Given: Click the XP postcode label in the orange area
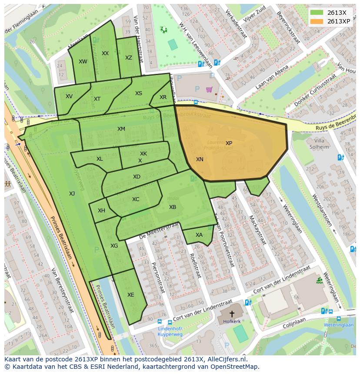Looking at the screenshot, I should click(x=229, y=143).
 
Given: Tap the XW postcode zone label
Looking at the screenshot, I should click(x=83, y=62).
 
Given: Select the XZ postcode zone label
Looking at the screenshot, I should click(x=129, y=58).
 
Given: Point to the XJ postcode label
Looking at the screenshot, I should click(x=72, y=194).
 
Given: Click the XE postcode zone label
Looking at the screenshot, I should click(x=130, y=295).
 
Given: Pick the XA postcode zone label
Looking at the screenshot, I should click(x=199, y=235).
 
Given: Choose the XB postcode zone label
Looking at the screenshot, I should click(x=173, y=207).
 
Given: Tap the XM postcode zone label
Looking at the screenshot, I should click(x=121, y=129).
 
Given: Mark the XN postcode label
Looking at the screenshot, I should click(x=200, y=159).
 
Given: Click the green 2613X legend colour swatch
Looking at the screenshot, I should click(x=317, y=13).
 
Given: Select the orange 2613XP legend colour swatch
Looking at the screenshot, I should click(x=317, y=21).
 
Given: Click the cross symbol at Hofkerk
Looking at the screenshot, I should click(x=232, y=314).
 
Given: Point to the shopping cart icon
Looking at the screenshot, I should click(x=210, y=90).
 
